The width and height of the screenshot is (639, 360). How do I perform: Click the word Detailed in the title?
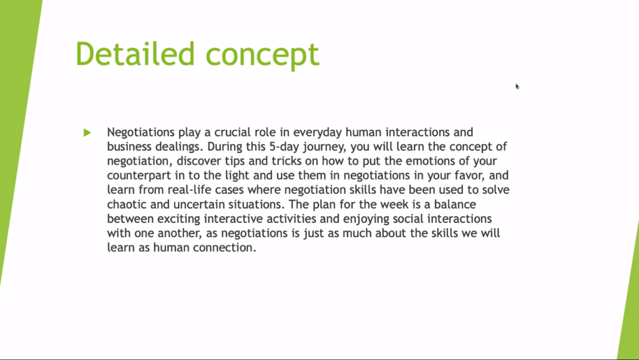pos(135,54)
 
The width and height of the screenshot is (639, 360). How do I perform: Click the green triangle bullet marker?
pos(87,132)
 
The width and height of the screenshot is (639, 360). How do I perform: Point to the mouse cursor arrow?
pos(517,86)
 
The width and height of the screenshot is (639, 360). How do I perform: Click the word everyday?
pos(318,133)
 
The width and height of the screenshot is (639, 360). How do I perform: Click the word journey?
pos(324,147)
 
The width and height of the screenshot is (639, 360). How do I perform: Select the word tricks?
pos(286,161)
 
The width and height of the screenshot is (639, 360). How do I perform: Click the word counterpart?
pos(136,176)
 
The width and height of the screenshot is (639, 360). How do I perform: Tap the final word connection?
pos(225,248)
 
